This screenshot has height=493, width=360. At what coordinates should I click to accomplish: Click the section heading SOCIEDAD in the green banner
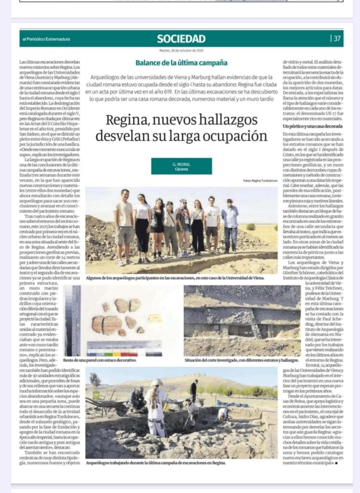[x=181, y=39]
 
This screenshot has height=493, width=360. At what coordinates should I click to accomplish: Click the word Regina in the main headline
[x=127, y=120]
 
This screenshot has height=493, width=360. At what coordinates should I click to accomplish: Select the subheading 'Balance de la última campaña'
[x=181, y=63]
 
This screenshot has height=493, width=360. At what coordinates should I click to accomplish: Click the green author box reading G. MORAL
[x=181, y=166]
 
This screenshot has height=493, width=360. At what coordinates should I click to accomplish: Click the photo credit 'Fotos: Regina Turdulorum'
[x=260, y=181]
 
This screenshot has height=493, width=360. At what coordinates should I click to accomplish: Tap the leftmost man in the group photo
[x=124, y=226]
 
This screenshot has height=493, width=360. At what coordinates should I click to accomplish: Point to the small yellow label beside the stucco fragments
[x=155, y=318]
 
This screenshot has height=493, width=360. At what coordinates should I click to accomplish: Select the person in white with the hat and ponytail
[x=156, y=409]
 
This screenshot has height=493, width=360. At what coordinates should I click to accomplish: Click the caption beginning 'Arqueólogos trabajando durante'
[x=155, y=463]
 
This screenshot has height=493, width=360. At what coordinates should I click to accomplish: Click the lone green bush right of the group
[x=251, y=226]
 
